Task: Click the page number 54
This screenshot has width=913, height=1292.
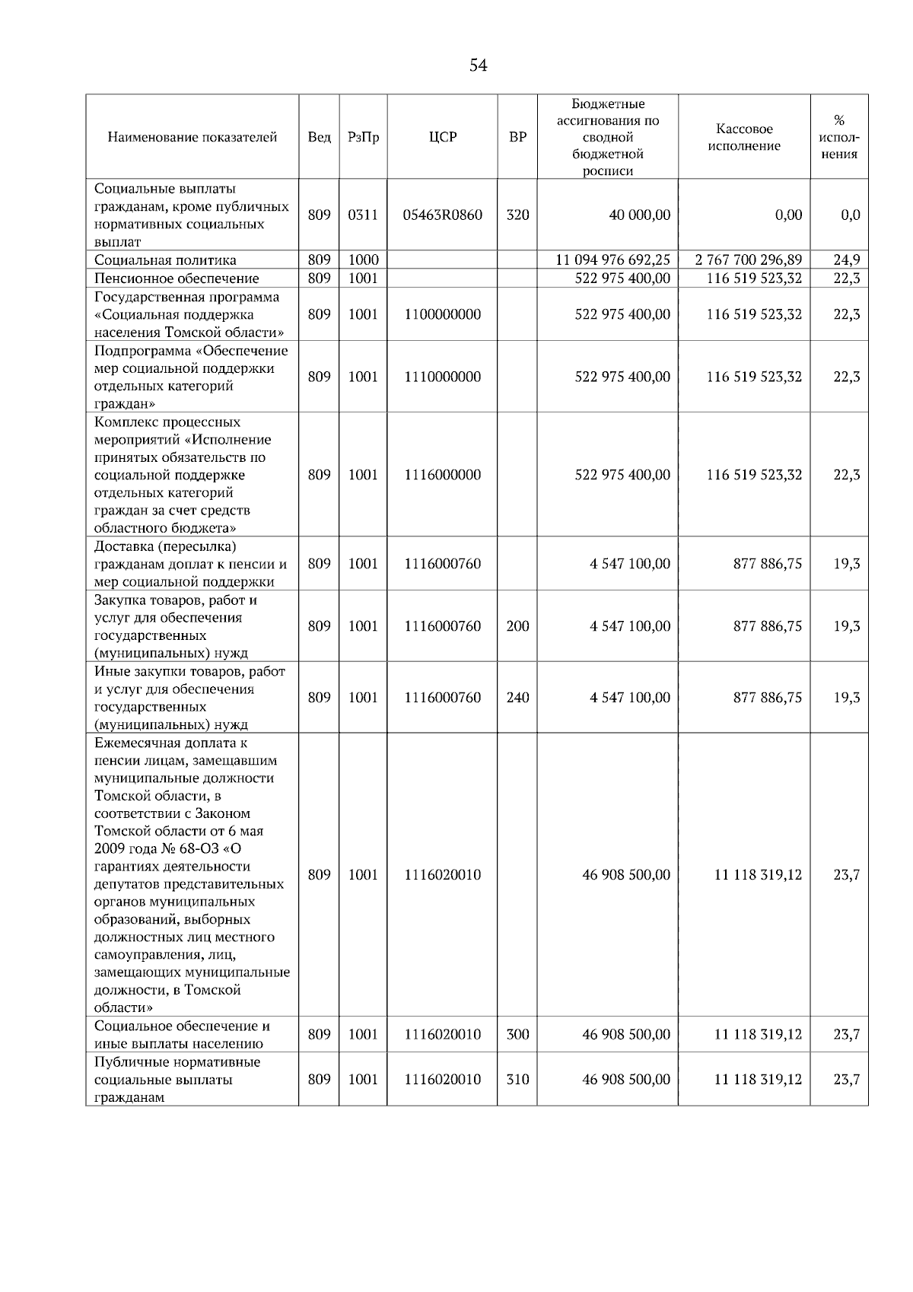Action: coord(478,65)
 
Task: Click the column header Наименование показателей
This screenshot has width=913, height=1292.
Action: coord(192,138)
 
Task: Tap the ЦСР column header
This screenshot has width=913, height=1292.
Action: coord(442,138)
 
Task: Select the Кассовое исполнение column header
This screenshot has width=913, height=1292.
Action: coord(744,138)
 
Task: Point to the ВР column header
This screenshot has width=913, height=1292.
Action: coord(517,138)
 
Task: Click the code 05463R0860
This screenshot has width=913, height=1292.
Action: coord(442,215)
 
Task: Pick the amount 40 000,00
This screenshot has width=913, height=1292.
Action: coord(639,215)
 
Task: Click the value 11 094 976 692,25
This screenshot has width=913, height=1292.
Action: coord(613,260)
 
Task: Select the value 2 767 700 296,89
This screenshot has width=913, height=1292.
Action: coord(749,260)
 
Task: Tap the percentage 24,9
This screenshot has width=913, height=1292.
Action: coord(846,260)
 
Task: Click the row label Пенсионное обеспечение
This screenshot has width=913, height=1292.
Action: coord(177,278)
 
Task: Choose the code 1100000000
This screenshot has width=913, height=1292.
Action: coord(442,314)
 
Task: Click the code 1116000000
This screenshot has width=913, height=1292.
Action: coord(442,475)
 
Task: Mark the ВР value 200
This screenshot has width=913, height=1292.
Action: coord(517,626)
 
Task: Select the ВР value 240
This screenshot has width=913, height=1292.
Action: coord(517,698)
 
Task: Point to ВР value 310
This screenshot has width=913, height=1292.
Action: coord(517,1080)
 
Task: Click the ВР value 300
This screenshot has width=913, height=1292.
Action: coord(517,1035)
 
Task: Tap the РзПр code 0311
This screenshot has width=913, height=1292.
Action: coord(363,215)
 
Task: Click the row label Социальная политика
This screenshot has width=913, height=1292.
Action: coord(165,260)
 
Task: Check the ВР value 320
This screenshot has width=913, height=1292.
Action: coord(517,215)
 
